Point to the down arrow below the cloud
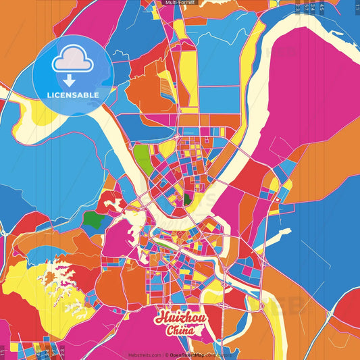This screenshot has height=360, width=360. [68, 80]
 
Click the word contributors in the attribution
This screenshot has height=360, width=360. [220, 353]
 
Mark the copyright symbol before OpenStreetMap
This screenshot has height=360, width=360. [167, 353]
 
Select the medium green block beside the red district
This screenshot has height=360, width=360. [94, 219]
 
